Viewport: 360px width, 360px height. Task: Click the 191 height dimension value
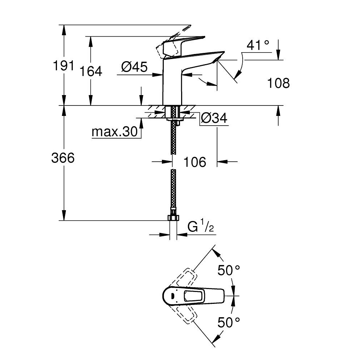(63, 66)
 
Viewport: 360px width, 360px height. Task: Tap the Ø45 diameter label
(134, 67)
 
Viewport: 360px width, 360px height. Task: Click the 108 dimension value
(278, 83)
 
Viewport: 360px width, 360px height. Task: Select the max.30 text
(115, 132)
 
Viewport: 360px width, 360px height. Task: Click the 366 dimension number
(63, 158)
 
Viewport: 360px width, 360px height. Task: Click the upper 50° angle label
(229, 270)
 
